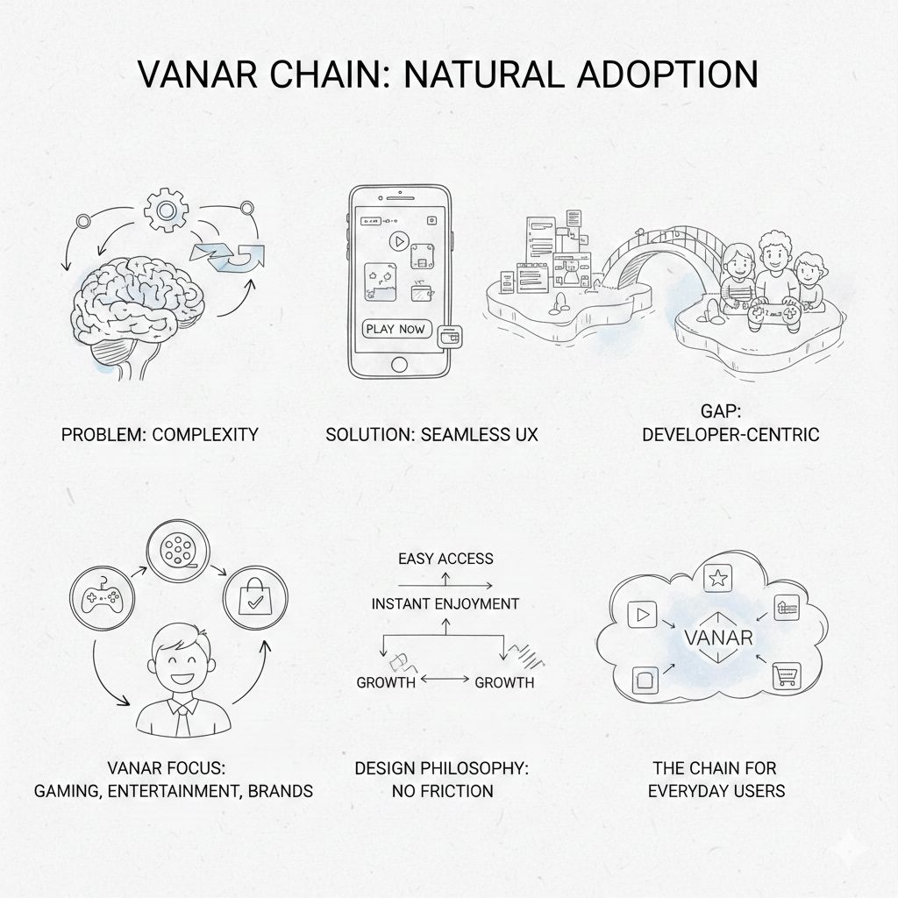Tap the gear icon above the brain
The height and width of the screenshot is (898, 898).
(165, 210)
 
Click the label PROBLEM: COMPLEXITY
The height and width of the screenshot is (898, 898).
(159, 434)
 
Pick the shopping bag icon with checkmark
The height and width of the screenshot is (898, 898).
(251, 598)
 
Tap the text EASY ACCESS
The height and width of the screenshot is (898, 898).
(445, 559)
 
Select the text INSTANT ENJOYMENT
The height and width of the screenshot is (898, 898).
(445, 604)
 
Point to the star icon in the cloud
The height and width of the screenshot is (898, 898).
(717, 578)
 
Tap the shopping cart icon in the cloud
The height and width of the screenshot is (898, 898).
(784, 676)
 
